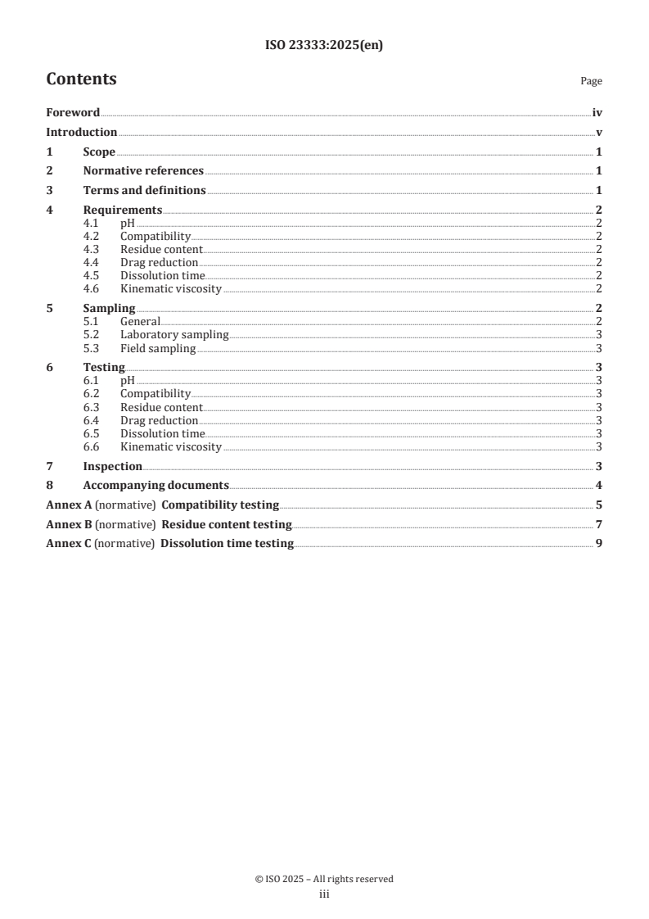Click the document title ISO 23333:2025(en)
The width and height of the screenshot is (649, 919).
324,47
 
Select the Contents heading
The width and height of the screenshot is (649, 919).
81,79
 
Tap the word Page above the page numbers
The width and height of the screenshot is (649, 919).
591,81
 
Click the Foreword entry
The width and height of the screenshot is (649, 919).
73,113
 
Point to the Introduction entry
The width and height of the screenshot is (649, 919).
81,133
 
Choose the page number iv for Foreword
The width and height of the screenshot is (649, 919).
597,113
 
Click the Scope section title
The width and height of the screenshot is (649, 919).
99,152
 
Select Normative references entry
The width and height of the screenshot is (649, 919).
143,171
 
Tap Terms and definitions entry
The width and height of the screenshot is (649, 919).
144,191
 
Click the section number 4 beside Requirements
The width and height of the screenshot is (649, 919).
49,211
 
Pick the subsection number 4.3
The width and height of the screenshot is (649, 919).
91,250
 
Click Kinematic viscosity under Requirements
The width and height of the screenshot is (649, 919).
171,289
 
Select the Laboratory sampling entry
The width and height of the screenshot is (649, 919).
174,335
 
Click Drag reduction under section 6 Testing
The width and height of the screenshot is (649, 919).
160,421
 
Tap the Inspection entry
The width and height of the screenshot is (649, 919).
113,467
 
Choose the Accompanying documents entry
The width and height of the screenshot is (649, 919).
155,486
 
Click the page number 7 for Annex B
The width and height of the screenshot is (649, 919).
599,524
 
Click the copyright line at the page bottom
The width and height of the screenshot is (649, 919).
324,879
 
